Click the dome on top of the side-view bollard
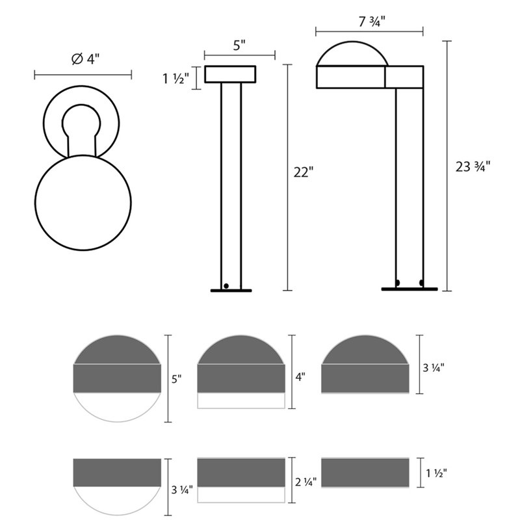352,53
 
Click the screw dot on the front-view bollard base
226,285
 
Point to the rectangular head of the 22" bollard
231,73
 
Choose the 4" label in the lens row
300,376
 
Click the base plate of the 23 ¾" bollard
409,289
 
